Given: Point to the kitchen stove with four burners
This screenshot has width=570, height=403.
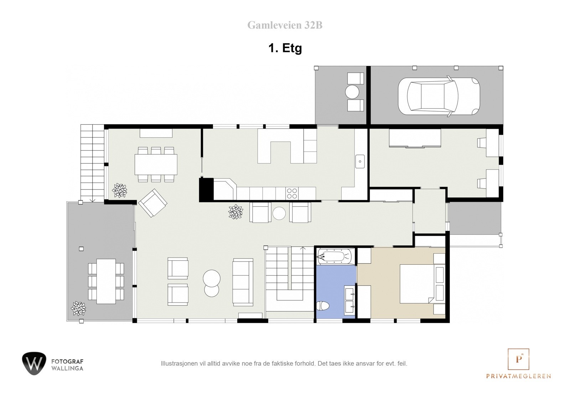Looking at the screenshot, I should (x=292, y=193).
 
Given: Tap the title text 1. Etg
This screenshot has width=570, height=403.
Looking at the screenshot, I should (x=285, y=48).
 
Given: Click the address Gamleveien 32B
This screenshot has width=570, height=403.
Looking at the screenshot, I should (x=285, y=25).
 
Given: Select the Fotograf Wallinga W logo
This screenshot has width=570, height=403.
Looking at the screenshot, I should (x=34, y=363).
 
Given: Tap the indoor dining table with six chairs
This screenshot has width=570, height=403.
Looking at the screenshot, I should (x=156, y=164).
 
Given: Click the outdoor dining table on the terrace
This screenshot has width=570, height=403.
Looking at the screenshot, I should (x=106, y=281).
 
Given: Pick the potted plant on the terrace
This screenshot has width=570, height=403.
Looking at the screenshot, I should (x=78, y=308).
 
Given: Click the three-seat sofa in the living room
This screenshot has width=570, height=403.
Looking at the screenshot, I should (x=243, y=282).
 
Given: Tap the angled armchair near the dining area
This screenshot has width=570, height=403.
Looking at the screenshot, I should (x=153, y=203).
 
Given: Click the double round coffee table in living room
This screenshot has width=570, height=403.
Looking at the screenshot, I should (x=211, y=283).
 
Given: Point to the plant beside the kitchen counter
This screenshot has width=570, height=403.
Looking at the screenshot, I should (x=235, y=212).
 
